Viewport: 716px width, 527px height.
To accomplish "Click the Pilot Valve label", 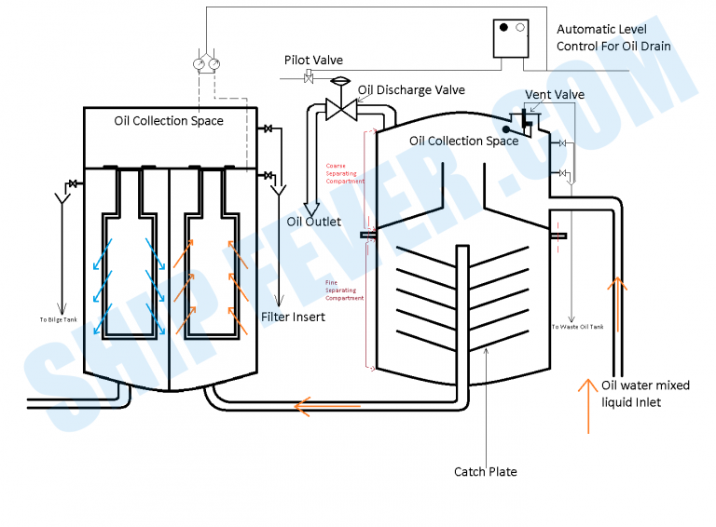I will coord(313,61).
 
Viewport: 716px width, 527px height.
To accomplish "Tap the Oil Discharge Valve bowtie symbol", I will coord(338,108).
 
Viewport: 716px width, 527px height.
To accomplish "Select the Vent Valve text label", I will coord(555,95).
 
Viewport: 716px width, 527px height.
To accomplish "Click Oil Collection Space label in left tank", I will coord(169,121).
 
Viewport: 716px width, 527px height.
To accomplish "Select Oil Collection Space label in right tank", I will coord(463,141).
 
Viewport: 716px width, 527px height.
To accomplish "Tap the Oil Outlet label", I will coord(313,222).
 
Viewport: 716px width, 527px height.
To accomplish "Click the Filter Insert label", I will coord(294,318).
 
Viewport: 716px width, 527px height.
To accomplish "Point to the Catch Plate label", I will coord(485,471).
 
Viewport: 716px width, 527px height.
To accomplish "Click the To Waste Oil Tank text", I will coord(577,327).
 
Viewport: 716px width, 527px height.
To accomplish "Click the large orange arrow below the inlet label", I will coord(588,405).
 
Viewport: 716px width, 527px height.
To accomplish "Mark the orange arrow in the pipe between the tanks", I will coord(308,405).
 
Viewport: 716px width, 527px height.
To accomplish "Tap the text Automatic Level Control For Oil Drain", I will coord(613,37).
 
